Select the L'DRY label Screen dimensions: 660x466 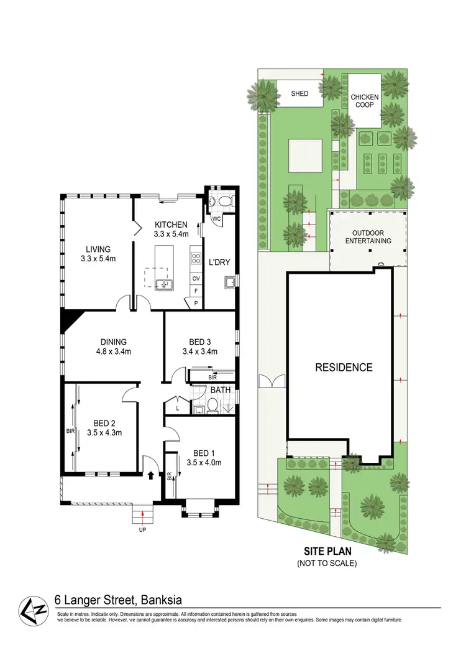pos(219,263)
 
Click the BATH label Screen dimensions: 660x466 pos(219,391)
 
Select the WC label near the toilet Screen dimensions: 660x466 pos(217,219)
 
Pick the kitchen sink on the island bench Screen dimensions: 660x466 pos(165,285)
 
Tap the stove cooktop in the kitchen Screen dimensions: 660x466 pos(196,258)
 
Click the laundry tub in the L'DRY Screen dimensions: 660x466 pos(229,283)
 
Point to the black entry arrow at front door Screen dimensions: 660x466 pos(151,475)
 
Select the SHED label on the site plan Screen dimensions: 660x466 pos(299,94)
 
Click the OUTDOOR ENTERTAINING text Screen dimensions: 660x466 pos(368,236)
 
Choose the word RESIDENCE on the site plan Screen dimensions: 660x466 pos(344,368)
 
